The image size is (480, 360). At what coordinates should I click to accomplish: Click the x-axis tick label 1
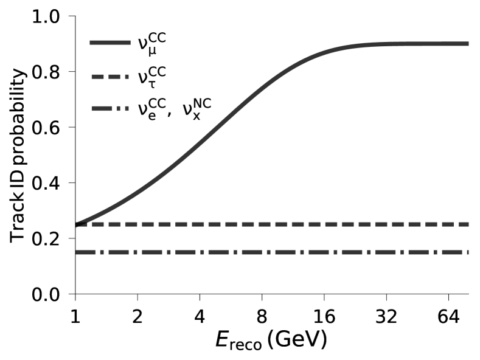(x=75, y=317)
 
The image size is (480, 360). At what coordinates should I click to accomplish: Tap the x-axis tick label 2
(x=137, y=317)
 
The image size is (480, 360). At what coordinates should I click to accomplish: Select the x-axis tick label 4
(x=200, y=317)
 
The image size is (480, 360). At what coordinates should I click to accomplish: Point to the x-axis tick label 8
(x=262, y=317)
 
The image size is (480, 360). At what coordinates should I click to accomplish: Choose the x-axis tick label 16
(x=324, y=317)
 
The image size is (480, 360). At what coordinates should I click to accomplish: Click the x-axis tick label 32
(x=386, y=317)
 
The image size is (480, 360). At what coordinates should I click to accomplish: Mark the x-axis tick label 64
(x=448, y=317)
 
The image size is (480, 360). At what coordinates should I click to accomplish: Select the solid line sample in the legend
(x=110, y=43)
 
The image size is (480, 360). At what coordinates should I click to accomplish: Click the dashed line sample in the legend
(x=110, y=77)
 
